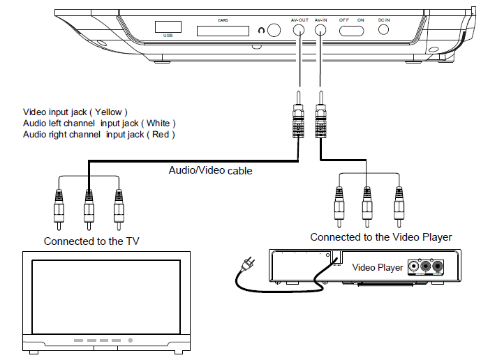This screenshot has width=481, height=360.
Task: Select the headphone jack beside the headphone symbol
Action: pos(274,31)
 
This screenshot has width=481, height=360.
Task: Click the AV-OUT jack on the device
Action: pos(299,31)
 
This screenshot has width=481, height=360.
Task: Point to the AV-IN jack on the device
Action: pos(321,31)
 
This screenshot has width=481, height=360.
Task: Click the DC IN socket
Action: pos(383,31)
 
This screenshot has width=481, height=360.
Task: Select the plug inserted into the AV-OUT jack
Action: pos(299,116)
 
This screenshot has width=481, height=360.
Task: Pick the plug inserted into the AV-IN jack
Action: pos(322,116)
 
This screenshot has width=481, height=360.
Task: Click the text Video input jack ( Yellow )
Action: pos(75,112)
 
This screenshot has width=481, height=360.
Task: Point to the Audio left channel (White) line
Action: pos(94,123)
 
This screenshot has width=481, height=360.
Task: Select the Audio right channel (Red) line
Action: pos(98,134)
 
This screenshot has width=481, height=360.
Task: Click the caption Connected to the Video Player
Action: pos(380,237)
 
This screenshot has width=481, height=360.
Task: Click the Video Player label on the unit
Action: pos(378,267)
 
